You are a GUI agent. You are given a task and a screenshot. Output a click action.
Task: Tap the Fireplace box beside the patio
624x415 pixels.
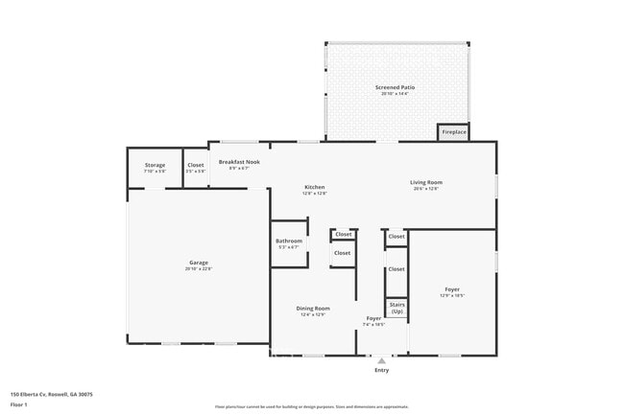point(453,131)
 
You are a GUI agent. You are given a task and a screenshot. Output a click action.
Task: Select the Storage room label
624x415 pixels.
point(155,165)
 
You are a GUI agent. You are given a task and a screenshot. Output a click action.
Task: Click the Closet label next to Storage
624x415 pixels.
point(195,165)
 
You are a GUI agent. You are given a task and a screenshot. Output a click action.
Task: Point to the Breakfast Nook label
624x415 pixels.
point(239,162)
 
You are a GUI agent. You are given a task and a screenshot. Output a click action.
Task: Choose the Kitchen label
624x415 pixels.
point(315,187)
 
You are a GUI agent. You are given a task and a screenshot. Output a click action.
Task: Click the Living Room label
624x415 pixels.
point(425,182)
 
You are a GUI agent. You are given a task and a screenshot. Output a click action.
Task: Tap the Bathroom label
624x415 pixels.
point(289,241)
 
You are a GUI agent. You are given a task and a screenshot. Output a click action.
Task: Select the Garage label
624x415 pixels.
point(199,263)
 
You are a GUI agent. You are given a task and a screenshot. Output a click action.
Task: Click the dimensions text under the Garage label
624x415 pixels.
point(199,269)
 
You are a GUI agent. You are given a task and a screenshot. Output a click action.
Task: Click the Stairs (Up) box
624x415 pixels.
point(396,309)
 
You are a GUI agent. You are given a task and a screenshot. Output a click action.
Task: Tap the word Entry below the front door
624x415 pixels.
point(382,370)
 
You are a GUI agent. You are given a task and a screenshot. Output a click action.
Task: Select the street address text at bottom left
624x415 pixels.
point(52,394)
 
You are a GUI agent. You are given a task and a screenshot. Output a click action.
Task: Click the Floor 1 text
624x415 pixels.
point(19,404)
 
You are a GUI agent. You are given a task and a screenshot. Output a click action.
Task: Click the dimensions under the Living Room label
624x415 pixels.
point(425,189)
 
